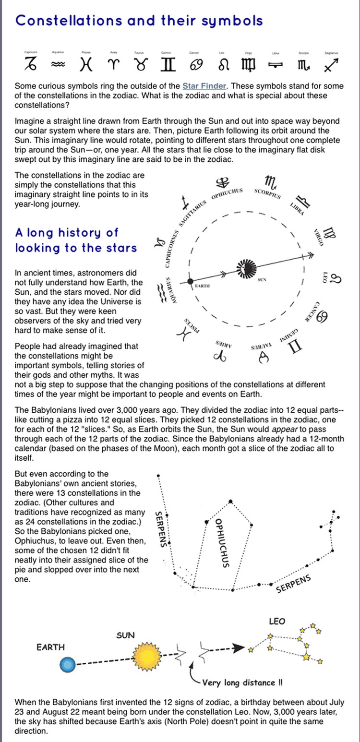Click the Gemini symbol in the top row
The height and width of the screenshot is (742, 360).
click(x=169, y=65)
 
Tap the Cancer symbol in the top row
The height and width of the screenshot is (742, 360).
click(x=196, y=65)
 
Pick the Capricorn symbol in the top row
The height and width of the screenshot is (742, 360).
click(x=30, y=64)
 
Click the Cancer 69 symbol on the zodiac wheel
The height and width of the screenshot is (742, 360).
click(x=322, y=316)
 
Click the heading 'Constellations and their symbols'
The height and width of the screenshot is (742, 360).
click(x=139, y=21)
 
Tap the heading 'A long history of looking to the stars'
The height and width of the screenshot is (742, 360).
click(x=76, y=240)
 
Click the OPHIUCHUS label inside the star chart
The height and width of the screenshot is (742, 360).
click(x=222, y=543)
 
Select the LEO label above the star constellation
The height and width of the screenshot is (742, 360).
click(x=277, y=622)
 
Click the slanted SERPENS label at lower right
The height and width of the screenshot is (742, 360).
click(x=294, y=584)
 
